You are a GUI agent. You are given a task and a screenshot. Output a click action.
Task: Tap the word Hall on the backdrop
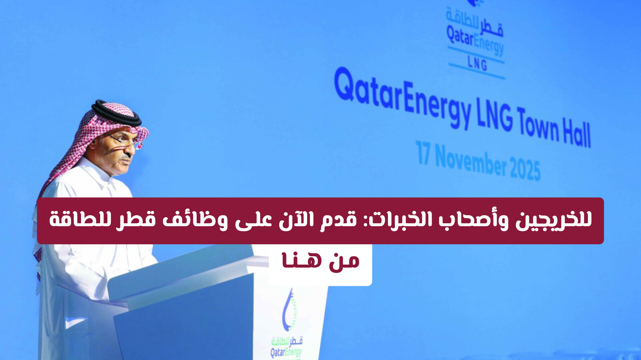click(577, 132)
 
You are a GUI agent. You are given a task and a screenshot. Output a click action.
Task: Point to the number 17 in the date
click(423, 153)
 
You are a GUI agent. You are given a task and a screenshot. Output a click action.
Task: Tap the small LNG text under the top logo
click(477, 63)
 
